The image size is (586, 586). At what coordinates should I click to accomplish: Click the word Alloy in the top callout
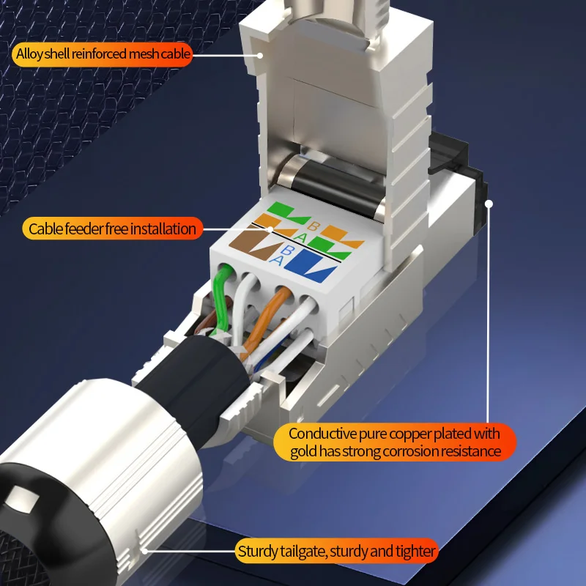[x=30, y=54]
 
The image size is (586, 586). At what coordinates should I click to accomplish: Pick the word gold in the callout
[x=304, y=452]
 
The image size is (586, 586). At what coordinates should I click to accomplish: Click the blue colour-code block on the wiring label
[x=311, y=266]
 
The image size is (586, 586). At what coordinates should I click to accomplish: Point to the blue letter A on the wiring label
[x=276, y=259]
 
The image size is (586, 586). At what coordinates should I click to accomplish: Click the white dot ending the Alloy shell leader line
[x=260, y=56]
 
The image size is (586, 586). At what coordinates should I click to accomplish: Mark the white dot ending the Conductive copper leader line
[x=489, y=204]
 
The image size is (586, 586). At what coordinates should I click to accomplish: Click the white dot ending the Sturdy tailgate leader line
[x=144, y=551]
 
